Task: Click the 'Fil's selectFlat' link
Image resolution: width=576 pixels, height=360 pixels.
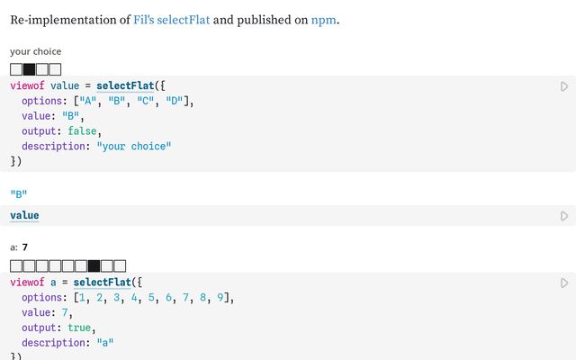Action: click(171, 20)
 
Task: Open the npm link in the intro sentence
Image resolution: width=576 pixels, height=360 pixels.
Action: click(324, 20)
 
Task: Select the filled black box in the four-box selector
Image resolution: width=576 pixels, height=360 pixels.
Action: click(30, 69)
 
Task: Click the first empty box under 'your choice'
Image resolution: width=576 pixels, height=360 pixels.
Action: click(16, 69)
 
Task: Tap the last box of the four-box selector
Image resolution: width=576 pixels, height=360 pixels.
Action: click(55, 69)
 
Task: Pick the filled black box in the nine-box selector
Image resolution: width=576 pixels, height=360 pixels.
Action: click(94, 266)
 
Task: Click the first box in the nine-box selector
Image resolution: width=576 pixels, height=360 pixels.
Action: click(16, 266)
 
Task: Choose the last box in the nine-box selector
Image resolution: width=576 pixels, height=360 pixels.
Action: click(120, 266)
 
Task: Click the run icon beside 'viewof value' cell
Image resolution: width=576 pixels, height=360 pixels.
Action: click(564, 86)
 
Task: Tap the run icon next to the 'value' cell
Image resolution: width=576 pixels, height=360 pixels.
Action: click(564, 216)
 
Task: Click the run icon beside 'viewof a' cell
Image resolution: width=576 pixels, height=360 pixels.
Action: click(564, 283)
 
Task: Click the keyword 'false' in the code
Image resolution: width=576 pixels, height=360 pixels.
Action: click(82, 131)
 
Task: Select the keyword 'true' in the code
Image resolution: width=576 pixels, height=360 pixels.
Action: click(79, 328)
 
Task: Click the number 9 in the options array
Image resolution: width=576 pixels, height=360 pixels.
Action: click(220, 297)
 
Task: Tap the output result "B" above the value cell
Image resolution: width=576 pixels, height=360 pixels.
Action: click(19, 193)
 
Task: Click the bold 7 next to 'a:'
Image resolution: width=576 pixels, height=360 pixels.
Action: click(25, 247)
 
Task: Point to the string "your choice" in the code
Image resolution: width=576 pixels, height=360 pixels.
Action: click(134, 146)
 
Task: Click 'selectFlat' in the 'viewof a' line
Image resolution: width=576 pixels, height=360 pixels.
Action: click(102, 282)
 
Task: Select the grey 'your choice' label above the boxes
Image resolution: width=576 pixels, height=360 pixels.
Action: click(36, 51)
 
